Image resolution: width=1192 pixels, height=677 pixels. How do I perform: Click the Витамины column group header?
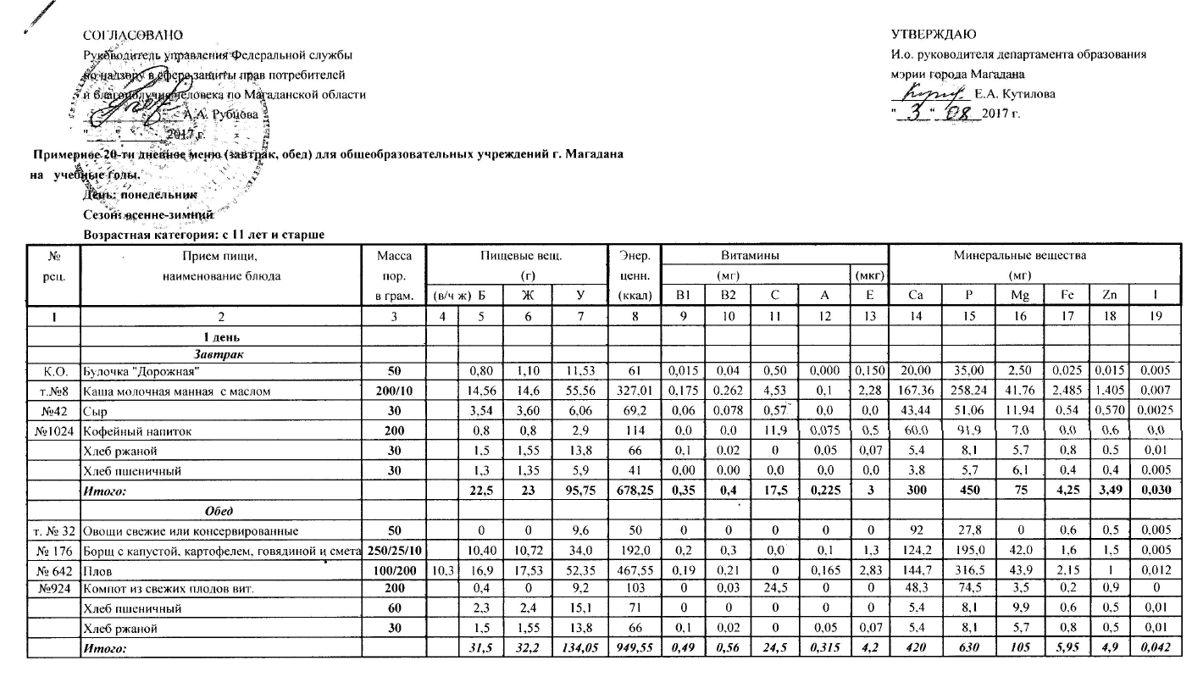tap(773, 255)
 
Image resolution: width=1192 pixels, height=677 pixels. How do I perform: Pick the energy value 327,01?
tap(629, 390)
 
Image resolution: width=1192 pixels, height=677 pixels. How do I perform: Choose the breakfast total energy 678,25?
tap(629, 491)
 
